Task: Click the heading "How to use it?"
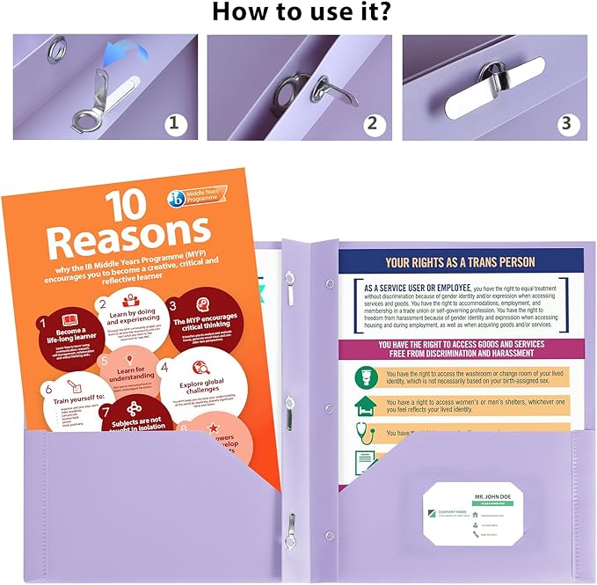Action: [x=298, y=13]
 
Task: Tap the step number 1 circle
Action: [x=176, y=123]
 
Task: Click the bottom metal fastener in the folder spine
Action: [x=288, y=529]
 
